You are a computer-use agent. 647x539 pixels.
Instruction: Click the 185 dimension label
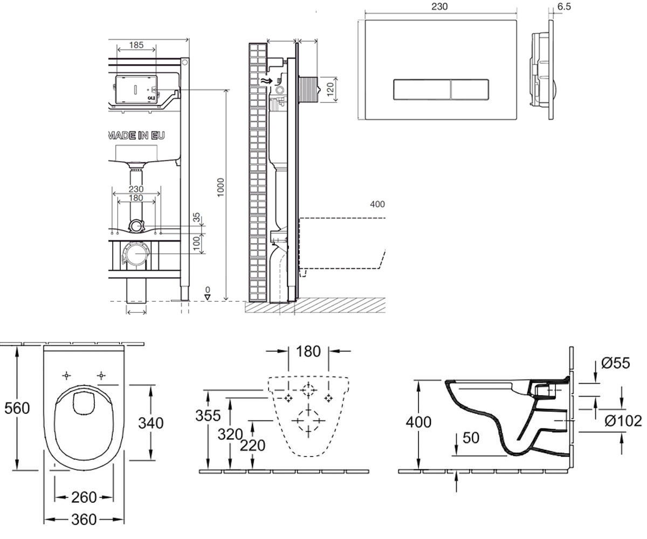pyautogui.click(x=136, y=45)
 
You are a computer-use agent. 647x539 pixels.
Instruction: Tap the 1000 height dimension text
pyautogui.click(x=221, y=188)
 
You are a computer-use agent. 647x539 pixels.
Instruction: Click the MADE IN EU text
pyautogui.click(x=136, y=135)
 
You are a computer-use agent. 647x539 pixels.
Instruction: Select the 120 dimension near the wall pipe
pyautogui.click(x=331, y=89)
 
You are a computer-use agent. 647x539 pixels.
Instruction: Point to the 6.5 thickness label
pyautogui.click(x=564, y=6)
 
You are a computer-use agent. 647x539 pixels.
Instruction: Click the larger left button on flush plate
pyautogui.click(x=422, y=90)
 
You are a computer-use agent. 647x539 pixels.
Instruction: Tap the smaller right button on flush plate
pyautogui.click(x=470, y=90)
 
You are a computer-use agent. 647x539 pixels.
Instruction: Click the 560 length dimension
pyautogui.click(x=17, y=408)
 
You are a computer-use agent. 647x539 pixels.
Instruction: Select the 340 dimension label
pyautogui.click(x=151, y=423)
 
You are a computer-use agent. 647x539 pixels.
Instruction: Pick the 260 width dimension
pyautogui.click(x=84, y=497)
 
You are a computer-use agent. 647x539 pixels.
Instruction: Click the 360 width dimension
pyautogui.click(x=84, y=520)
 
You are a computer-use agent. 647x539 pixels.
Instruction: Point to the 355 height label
pyautogui.click(x=208, y=416)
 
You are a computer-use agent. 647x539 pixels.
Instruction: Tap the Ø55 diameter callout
pyautogui.click(x=615, y=363)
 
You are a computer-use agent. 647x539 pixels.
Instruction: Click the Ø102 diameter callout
pyautogui.click(x=623, y=421)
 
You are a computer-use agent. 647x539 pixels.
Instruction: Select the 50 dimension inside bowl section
pyautogui.click(x=471, y=438)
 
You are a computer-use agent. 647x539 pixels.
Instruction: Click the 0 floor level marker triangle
pyautogui.click(x=208, y=298)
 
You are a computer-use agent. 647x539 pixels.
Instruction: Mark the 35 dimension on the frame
pyautogui.click(x=196, y=218)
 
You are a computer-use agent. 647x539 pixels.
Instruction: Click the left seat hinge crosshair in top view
pyautogui.click(x=67, y=376)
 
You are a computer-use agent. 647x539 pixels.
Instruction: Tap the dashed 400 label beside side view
pyautogui.click(x=377, y=204)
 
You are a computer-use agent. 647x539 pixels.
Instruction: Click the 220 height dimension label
pyautogui.click(x=253, y=446)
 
